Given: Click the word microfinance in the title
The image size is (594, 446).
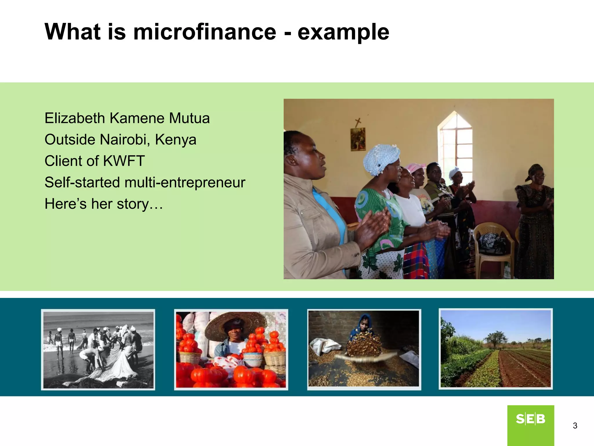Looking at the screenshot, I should (204, 32).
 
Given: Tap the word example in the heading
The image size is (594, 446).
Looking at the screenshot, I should (343, 33).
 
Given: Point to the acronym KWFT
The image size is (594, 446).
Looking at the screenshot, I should (124, 161).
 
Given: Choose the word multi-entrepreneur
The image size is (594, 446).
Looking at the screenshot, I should (185, 183).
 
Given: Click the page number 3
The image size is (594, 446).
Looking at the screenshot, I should (575, 426).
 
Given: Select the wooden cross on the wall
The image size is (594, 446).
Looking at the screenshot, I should (358, 122).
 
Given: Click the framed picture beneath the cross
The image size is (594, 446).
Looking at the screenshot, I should (358, 139).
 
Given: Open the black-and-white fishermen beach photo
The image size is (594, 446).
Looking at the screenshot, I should (98, 349).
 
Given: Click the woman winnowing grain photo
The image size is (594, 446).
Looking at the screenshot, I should (364, 349).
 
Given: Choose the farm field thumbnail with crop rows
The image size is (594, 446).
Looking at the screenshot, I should (495, 349).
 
